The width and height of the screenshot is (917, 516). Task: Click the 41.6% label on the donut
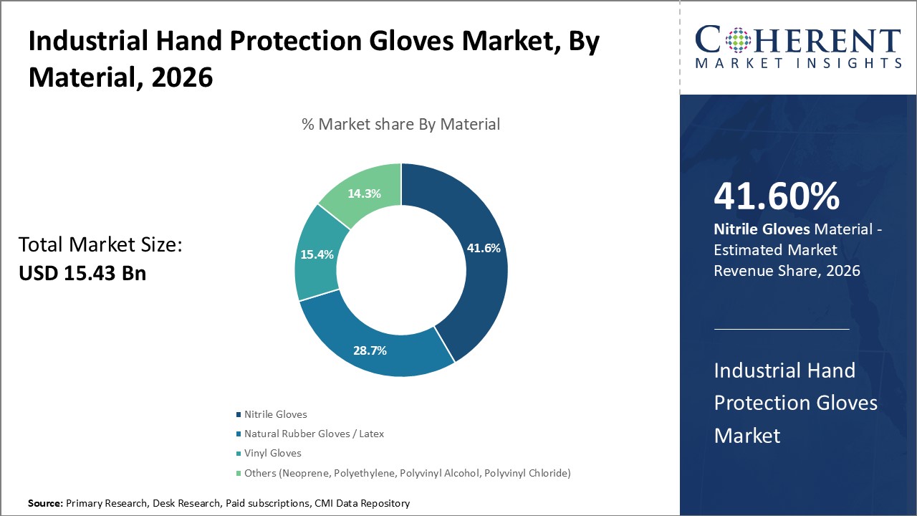[x=484, y=248]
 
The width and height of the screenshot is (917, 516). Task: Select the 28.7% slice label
[x=370, y=350]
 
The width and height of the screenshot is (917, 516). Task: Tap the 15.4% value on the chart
[x=316, y=254]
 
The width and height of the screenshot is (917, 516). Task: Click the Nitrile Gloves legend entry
[x=275, y=414]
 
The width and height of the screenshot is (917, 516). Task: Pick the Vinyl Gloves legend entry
[x=272, y=453]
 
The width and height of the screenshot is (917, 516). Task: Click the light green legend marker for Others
[x=239, y=473]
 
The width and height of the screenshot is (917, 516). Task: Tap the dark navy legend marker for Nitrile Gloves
[x=239, y=415]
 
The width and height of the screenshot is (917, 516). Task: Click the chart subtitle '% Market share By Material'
[x=400, y=124]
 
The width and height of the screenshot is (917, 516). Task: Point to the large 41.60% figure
[x=777, y=196]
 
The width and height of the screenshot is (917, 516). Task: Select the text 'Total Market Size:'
[x=100, y=245]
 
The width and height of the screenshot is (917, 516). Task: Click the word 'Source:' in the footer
[x=45, y=504]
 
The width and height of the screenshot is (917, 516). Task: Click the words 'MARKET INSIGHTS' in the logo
[x=798, y=64]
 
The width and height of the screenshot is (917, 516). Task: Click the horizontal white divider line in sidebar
[x=782, y=329]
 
